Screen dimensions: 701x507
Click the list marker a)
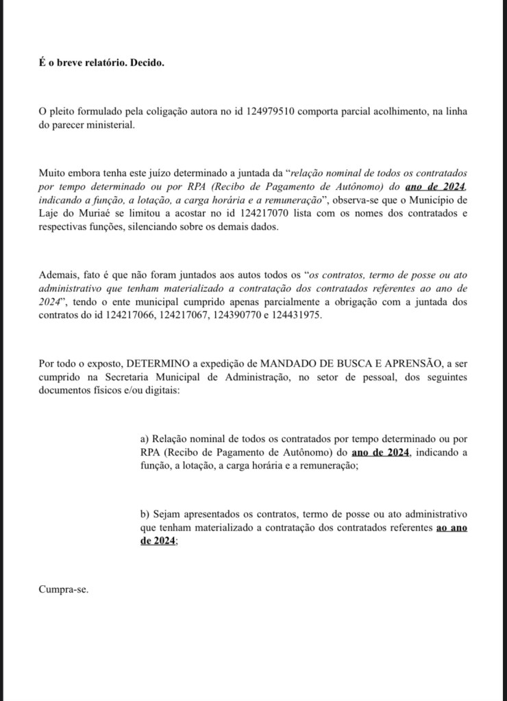(145, 439)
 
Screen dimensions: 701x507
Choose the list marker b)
(145, 514)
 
